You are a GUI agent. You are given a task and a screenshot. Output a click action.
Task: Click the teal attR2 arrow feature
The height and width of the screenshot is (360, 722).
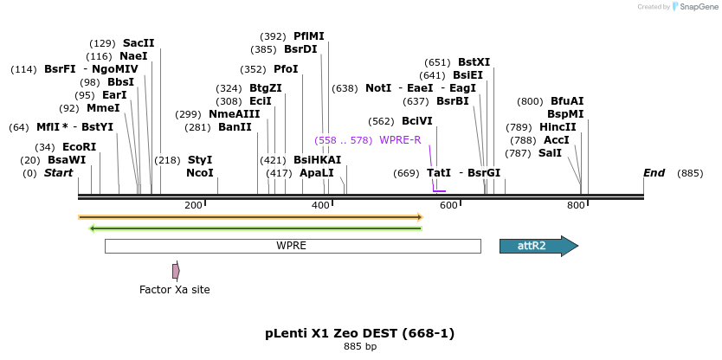pos(538,246)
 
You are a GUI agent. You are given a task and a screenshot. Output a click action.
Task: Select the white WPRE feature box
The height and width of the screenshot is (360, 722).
pos(292,246)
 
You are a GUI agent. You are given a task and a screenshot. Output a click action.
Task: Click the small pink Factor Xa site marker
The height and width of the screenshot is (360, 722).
pos(176,271)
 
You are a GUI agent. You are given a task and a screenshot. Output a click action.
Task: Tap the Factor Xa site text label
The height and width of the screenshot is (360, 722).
pos(175,290)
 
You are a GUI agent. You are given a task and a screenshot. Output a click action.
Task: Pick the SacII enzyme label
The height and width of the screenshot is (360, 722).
pos(139,42)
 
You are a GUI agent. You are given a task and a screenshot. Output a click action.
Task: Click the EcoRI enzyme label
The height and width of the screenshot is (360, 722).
pos(79,147)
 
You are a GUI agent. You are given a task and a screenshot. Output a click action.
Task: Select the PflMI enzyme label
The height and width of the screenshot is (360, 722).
pos(308,36)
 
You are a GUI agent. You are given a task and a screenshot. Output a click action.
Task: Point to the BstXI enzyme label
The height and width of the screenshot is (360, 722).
pos(474,62)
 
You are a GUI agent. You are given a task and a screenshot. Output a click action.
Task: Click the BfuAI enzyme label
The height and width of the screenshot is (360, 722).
pos(567,101)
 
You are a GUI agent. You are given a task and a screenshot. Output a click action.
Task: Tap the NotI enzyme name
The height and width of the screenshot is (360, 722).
pos(378,88)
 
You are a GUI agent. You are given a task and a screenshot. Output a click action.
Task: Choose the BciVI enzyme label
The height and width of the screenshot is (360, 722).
pos(417,121)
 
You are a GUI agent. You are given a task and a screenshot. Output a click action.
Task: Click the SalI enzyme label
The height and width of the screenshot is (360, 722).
pos(550,153)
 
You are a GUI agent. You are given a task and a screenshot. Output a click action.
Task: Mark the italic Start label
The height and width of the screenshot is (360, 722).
pos(58,173)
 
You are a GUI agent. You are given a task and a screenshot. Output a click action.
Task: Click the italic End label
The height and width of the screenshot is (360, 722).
pos(654,173)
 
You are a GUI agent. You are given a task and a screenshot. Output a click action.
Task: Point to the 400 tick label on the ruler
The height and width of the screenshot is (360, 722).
pos(321,205)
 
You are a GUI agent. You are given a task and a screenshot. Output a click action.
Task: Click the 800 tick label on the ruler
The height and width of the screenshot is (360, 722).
pos(577,205)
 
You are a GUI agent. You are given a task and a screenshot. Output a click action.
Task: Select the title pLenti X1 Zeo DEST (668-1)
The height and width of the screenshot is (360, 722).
pos(359,333)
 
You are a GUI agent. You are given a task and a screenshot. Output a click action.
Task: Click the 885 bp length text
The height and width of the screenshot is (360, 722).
pos(359,347)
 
